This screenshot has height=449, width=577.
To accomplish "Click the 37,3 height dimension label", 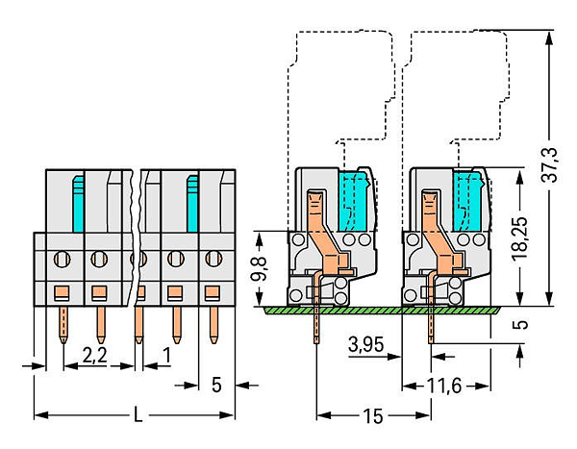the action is point(550,164).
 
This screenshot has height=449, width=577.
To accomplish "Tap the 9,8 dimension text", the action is point(258,269).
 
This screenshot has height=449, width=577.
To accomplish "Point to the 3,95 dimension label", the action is point(365,344).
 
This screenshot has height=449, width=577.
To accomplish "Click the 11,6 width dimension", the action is point(443,387).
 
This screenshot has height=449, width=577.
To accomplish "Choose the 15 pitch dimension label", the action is point(373,416).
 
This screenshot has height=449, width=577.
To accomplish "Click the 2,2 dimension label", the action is point(94,356).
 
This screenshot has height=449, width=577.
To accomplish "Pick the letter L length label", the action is point(138,414).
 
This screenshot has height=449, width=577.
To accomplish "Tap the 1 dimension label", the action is point(167,355).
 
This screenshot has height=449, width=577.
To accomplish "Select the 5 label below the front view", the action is point(216,385).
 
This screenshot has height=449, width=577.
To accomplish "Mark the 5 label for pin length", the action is point(520,324).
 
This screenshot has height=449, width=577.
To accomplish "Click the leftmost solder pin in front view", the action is point(63,325).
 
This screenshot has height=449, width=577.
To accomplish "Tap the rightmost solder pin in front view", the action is point(213,325).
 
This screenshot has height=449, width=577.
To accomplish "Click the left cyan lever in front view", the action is point(79,204).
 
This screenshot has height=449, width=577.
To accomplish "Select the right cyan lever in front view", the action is point(192,204).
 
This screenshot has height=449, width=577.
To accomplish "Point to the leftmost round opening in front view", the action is point(63,259).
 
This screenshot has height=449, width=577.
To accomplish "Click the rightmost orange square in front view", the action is point(213,292).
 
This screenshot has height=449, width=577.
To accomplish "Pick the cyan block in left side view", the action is point(354,201).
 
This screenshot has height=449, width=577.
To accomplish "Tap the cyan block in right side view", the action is point(468,201).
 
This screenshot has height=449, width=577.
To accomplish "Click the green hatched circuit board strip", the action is point(382,310).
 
